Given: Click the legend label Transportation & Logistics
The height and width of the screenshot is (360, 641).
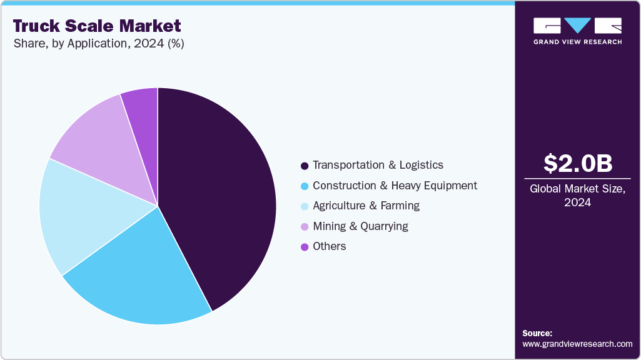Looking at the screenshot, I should (x=378, y=165).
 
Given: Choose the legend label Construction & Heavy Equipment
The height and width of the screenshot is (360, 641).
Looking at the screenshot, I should (x=395, y=186).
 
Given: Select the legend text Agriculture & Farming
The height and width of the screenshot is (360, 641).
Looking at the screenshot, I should (x=366, y=206).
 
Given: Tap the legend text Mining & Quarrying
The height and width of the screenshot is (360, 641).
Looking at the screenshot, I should (x=360, y=226).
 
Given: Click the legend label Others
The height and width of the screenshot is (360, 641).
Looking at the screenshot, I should (x=329, y=246).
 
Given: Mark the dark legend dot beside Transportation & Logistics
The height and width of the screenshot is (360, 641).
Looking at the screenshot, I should (x=305, y=166).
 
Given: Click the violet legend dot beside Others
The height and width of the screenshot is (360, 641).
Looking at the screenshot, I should (x=305, y=247).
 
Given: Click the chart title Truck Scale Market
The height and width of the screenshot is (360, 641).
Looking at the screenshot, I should (x=97, y=26).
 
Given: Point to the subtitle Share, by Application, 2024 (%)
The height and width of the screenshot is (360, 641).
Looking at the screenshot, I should (x=98, y=44).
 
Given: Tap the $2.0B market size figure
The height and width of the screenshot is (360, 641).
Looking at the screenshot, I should (x=578, y=163).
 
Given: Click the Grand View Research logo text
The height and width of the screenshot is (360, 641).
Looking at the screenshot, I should (x=577, y=42).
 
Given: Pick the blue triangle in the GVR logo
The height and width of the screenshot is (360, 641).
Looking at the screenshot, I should (x=578, y=26).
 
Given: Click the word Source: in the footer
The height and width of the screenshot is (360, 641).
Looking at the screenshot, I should (x=537, y=333).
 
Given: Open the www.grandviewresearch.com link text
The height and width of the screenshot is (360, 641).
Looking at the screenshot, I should (x=577, y=344).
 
